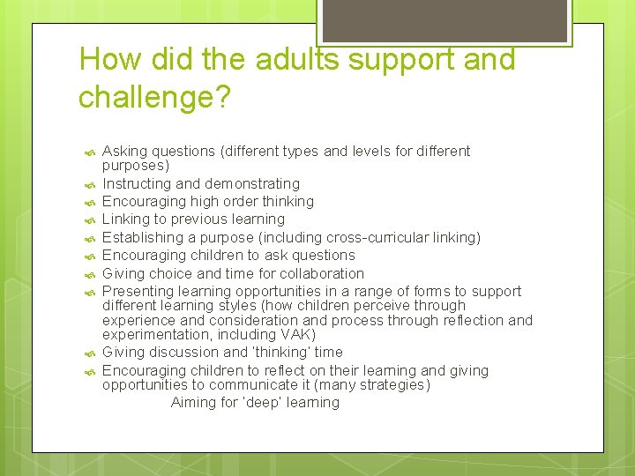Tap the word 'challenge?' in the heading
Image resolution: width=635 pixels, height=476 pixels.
pos(154,97)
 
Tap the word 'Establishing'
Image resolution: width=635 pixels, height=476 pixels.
pos(141,237)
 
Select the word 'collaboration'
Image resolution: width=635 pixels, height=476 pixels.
pos(321,273)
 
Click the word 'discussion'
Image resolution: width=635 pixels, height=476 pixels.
pos(184,353)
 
